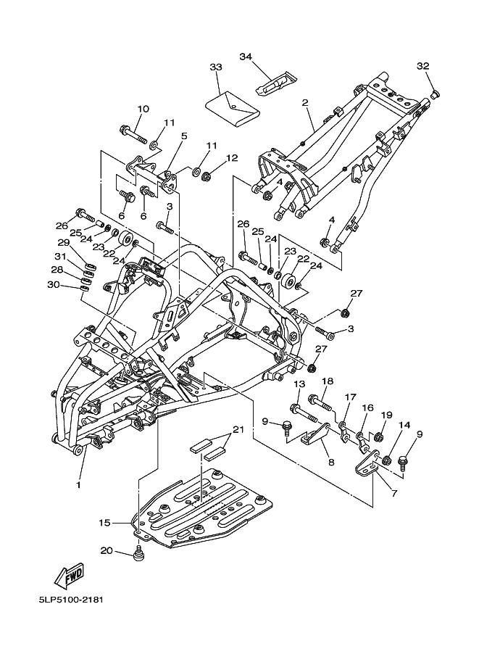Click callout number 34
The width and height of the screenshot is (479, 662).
click(x=245, y=57)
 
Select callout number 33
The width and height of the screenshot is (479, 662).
click(x=215, y=67)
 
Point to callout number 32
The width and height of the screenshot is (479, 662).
click(x=422, y=66)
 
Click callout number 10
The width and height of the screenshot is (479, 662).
click(x=142, y=109)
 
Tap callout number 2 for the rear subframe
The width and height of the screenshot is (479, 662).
click(x=305, y=102)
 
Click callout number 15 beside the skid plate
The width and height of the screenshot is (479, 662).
click(x=106, y=521)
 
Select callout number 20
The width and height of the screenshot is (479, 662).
click(x=106, y=550)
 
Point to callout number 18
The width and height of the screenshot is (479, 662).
click(x=327, y=381)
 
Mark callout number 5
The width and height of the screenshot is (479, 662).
click(x=183, y=136)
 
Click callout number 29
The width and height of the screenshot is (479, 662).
click(x=64, y=242)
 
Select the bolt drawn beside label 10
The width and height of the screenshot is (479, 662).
click(x=133, y=133)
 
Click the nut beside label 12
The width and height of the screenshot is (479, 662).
click(x=207, y=174)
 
